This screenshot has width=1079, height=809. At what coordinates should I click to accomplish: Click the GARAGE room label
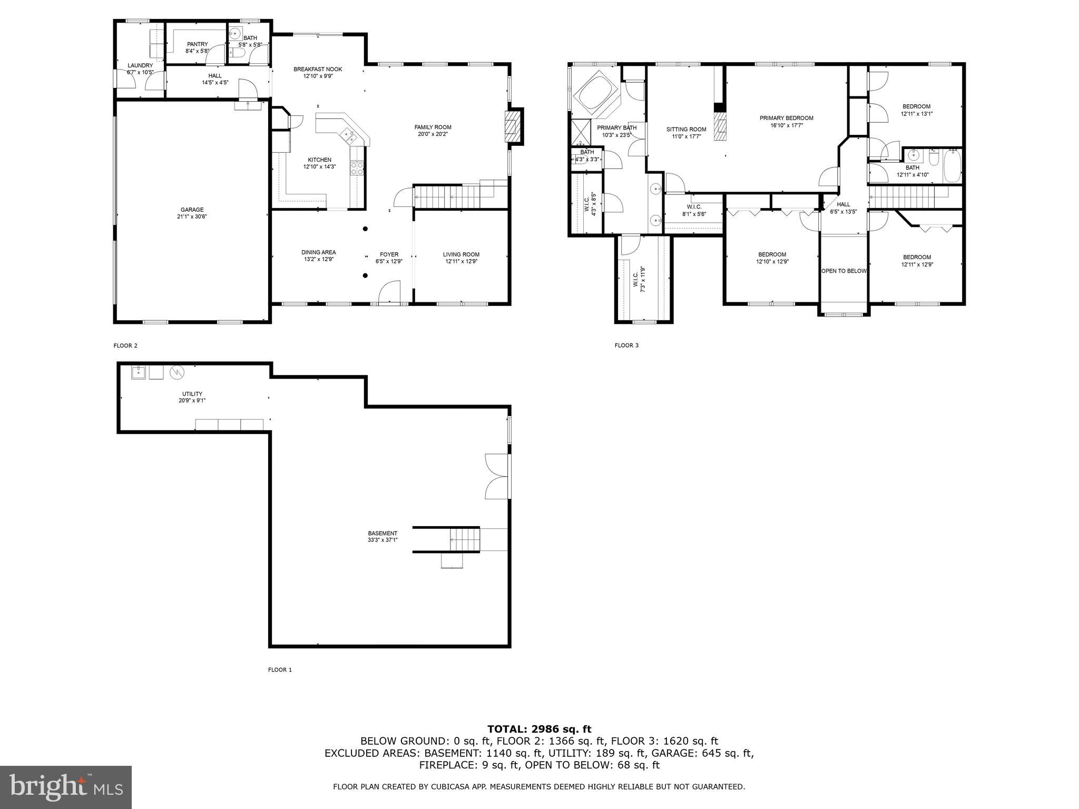pyautogui.click(x=192, y=210)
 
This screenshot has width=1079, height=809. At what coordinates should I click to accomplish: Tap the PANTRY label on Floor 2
pyautogui.click(x=197, y=44)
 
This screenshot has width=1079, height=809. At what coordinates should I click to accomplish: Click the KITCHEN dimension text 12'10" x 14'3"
pyautogui.click(x=319, y=167)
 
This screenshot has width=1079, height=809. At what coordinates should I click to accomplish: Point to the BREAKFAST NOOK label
pyautogui.click(x=318, y=69)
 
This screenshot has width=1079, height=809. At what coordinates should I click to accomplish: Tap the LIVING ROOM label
pyautogui.click(x=461, y=254)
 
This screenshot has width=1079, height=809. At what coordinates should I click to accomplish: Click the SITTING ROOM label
pyautogui.click(x=686, y=130)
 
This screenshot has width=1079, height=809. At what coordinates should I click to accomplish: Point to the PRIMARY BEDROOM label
pyautogui.click(x=786, y=118)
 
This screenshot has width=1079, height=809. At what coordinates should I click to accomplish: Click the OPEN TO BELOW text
pyautogui.click(x=843, y=271)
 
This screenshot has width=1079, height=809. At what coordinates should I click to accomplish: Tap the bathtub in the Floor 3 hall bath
pyautogui.click(x=952, y=165)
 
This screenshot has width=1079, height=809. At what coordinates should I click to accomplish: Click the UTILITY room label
pyautogui.click(x=192, y=394)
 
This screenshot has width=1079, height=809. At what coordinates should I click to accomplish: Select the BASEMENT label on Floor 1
pyautogui.click(x=382, y=533)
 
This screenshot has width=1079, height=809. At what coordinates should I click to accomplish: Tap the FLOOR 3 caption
pyautogui.click(x=626, y=346)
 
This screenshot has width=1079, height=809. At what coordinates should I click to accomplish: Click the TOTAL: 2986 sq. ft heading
pyautogui.click(x=539, y=729)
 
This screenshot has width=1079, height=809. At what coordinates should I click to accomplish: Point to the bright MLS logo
pyautogui.click(x=66, y=787)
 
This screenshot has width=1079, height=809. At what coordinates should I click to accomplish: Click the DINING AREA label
pyautogui.click(x=318, y=252)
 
